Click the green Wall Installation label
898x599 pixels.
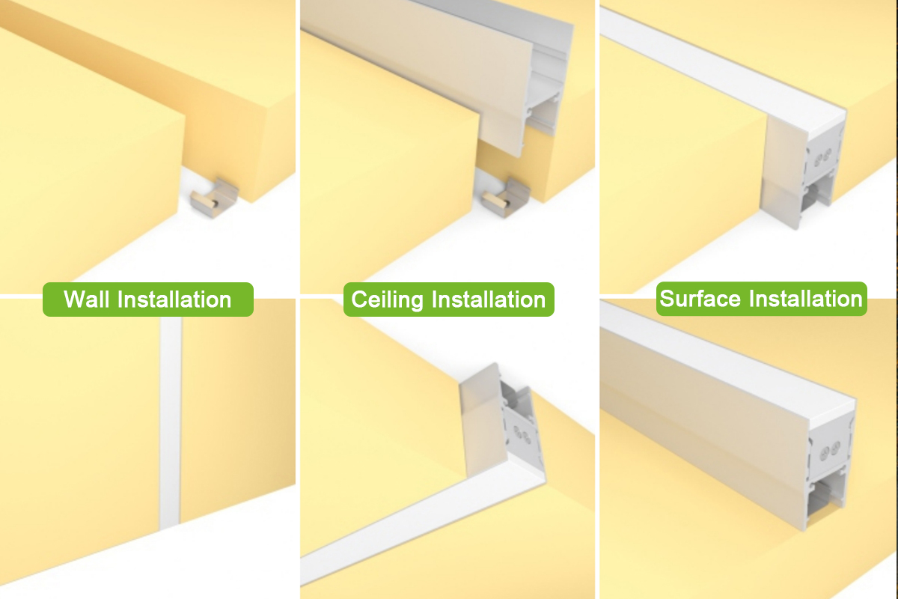pyautogui.click(x=148, y=299)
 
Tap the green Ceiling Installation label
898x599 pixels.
pyautogui.click(x=448, y=299)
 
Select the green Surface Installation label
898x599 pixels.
pyautogui.click(x=761, y=299)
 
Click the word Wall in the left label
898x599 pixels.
pyautogui.click(x=87, y=299)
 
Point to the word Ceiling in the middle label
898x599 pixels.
pyautogui.click(x=387, y=300)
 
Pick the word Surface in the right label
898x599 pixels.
pyautogui.click(x=700, y=299)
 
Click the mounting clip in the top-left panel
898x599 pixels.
pyautogui.click(x=215, y=198)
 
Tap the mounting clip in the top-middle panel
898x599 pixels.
pyautogui.click(x=506, y=198)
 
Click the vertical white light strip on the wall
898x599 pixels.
pyautogui.click(x=171, y=423)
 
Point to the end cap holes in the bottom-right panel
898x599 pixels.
pyautogui.click(x=830, y=451)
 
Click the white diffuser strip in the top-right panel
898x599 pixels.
pyautogui.click(x=721, y=68)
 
